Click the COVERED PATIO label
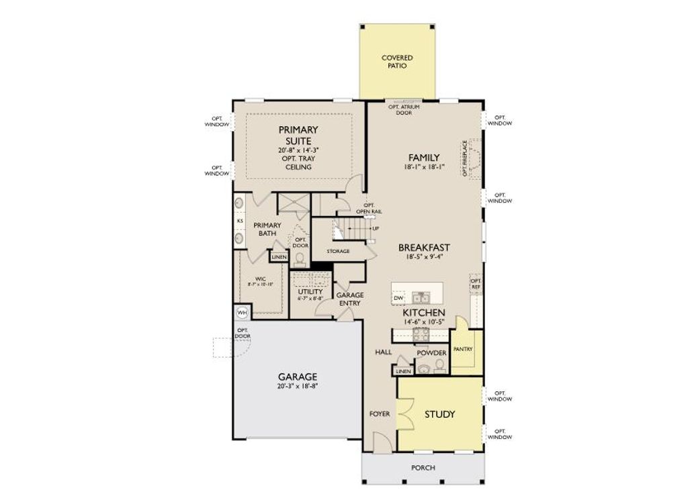pyautogui.click(x=396, y=62)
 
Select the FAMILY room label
pyautogui.click(x=423, y=158)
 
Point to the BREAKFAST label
pyautogui.click(x=423, y=247)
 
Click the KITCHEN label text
pyautogui.click(x=423, y=313)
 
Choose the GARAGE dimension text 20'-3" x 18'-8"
pyautogui.click(x=298, y=387)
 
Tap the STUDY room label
pyautogui.click(x=439, y=414)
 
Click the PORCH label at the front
pyautogui.click(x=423, y=467)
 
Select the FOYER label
pyautogui.click(x=380, y=414)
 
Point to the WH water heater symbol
pyautogui.click(x=242, y=312)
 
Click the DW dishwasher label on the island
pyautogui.click(x=398, y=297)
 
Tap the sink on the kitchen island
pyautogui.click(x=422, y=297)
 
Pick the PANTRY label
pyautogui.click(x=463, y=349)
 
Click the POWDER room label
pyautogui.click(x=431, y=352)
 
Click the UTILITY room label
pyautogui.click(x=310, y=292)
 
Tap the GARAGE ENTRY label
pyautogui.click(x=349, y=299)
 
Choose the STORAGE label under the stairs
pyautogui.click(x=338, y=251)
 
